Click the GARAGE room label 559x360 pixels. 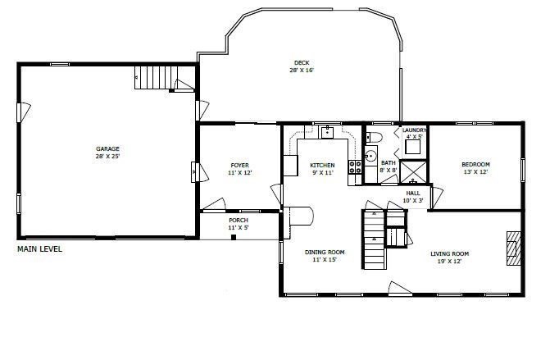pyautogui.click(x=107, y=148)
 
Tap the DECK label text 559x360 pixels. pyautogui.click(x=302, y=62)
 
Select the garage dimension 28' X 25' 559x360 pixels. pyautogui.click(x=107, y=156)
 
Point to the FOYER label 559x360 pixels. pyautogui.click(x=239, y=166)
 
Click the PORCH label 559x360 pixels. pyautogui.click(x=239, y=220)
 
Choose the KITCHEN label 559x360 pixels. pyautogui.click(x=322, y=166)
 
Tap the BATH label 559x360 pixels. pyautogui.click(x=389, y=163)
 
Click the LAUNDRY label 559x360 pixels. pyautogui.click(x=413, y=130)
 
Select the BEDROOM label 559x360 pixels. pyautogui.click(x=475, y=165)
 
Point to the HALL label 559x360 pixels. pyautogui.click(x=413, y=193)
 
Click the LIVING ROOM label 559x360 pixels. pyautogui.click(x=450, y=253)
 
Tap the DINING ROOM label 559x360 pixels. pyautogui.click(x=325, y=253)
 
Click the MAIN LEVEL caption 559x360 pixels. pyautogui.click(x=39, y=248)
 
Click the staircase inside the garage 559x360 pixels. pyautogui.click(x=155, y=79)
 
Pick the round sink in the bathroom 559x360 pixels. pyautogui.click(x=370, y=155)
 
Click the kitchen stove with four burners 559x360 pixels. pyautogui.click(x=356, y=167)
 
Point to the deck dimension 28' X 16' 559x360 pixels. pyautogui.click(x=302, y=71)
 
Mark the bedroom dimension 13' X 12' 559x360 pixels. pyautogui.click(x=475, y=172)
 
